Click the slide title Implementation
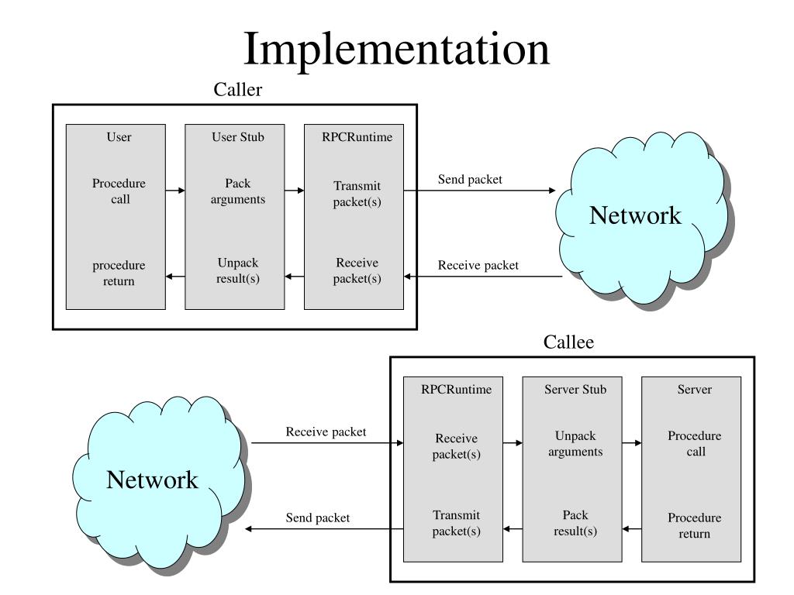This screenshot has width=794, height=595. coord(396,50)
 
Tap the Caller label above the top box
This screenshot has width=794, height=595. coord(237,90)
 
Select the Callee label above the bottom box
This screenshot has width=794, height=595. coord(568,342)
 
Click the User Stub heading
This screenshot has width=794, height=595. coord(237,137)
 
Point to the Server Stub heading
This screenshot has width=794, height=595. coord(575,390)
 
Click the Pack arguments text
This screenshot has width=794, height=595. coord(237,191)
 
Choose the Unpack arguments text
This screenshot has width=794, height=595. coord(575,444)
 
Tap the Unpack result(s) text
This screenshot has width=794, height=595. coord(237,270)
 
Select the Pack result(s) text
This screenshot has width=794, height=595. coord(575,523)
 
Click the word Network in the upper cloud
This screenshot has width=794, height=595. coord(635,215)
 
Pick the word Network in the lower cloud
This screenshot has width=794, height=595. coord(152,480)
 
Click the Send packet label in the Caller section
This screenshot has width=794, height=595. coord(470,180)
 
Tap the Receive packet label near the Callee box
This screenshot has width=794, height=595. coord(326,432)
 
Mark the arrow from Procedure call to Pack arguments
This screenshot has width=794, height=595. coord(175,191)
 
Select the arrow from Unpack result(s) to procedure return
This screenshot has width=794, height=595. coord(175,277)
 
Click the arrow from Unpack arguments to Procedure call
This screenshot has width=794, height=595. coord(631,443)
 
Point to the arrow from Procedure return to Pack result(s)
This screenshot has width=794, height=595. coord(631,529)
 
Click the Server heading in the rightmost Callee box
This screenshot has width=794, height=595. coord(694,390)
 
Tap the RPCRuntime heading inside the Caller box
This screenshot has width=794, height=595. coord(357,137)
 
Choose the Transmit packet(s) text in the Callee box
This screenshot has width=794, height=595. coord(456,523)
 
